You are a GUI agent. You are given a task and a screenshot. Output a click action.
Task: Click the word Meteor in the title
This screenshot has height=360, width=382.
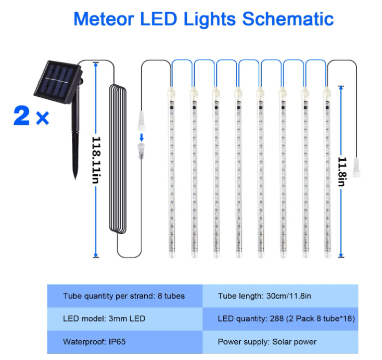[104, 19]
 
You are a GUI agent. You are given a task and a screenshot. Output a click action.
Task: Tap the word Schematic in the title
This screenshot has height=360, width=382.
[288, 19]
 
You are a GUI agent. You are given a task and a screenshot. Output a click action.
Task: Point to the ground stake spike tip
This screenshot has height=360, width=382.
[75, 178]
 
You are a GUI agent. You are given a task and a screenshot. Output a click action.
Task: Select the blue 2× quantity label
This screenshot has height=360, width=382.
[31, 116]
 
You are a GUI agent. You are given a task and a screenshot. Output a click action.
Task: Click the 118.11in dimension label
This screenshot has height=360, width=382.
[96, 160]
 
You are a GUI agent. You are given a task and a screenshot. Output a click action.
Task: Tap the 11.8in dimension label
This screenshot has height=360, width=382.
[342, 172]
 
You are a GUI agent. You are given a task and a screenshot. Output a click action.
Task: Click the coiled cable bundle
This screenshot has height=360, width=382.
[118, 159]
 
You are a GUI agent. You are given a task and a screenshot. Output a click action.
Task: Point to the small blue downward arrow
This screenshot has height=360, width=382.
[142, 137]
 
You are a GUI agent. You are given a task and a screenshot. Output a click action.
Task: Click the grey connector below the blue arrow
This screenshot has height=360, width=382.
[141, 151]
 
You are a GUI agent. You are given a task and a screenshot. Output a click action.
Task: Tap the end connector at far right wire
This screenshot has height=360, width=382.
[356, 168]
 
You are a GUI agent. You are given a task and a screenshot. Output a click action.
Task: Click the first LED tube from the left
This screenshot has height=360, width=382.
[172, 172]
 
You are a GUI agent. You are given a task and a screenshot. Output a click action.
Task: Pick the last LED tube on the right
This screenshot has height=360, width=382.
[327, 172]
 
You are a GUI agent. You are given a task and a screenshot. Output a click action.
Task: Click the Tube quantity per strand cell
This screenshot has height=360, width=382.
[125, 296]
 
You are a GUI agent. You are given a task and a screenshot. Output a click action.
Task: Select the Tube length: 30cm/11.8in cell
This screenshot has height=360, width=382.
[280, 296]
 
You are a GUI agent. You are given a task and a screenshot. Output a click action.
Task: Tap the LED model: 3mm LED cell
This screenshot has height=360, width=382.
[125, 319]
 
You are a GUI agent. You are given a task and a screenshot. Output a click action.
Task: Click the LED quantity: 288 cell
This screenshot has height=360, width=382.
[280, 319]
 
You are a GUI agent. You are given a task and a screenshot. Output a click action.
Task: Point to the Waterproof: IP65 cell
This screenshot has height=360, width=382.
[125, 342]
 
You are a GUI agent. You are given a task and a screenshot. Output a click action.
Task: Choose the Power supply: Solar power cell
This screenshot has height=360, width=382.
[280, 342]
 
